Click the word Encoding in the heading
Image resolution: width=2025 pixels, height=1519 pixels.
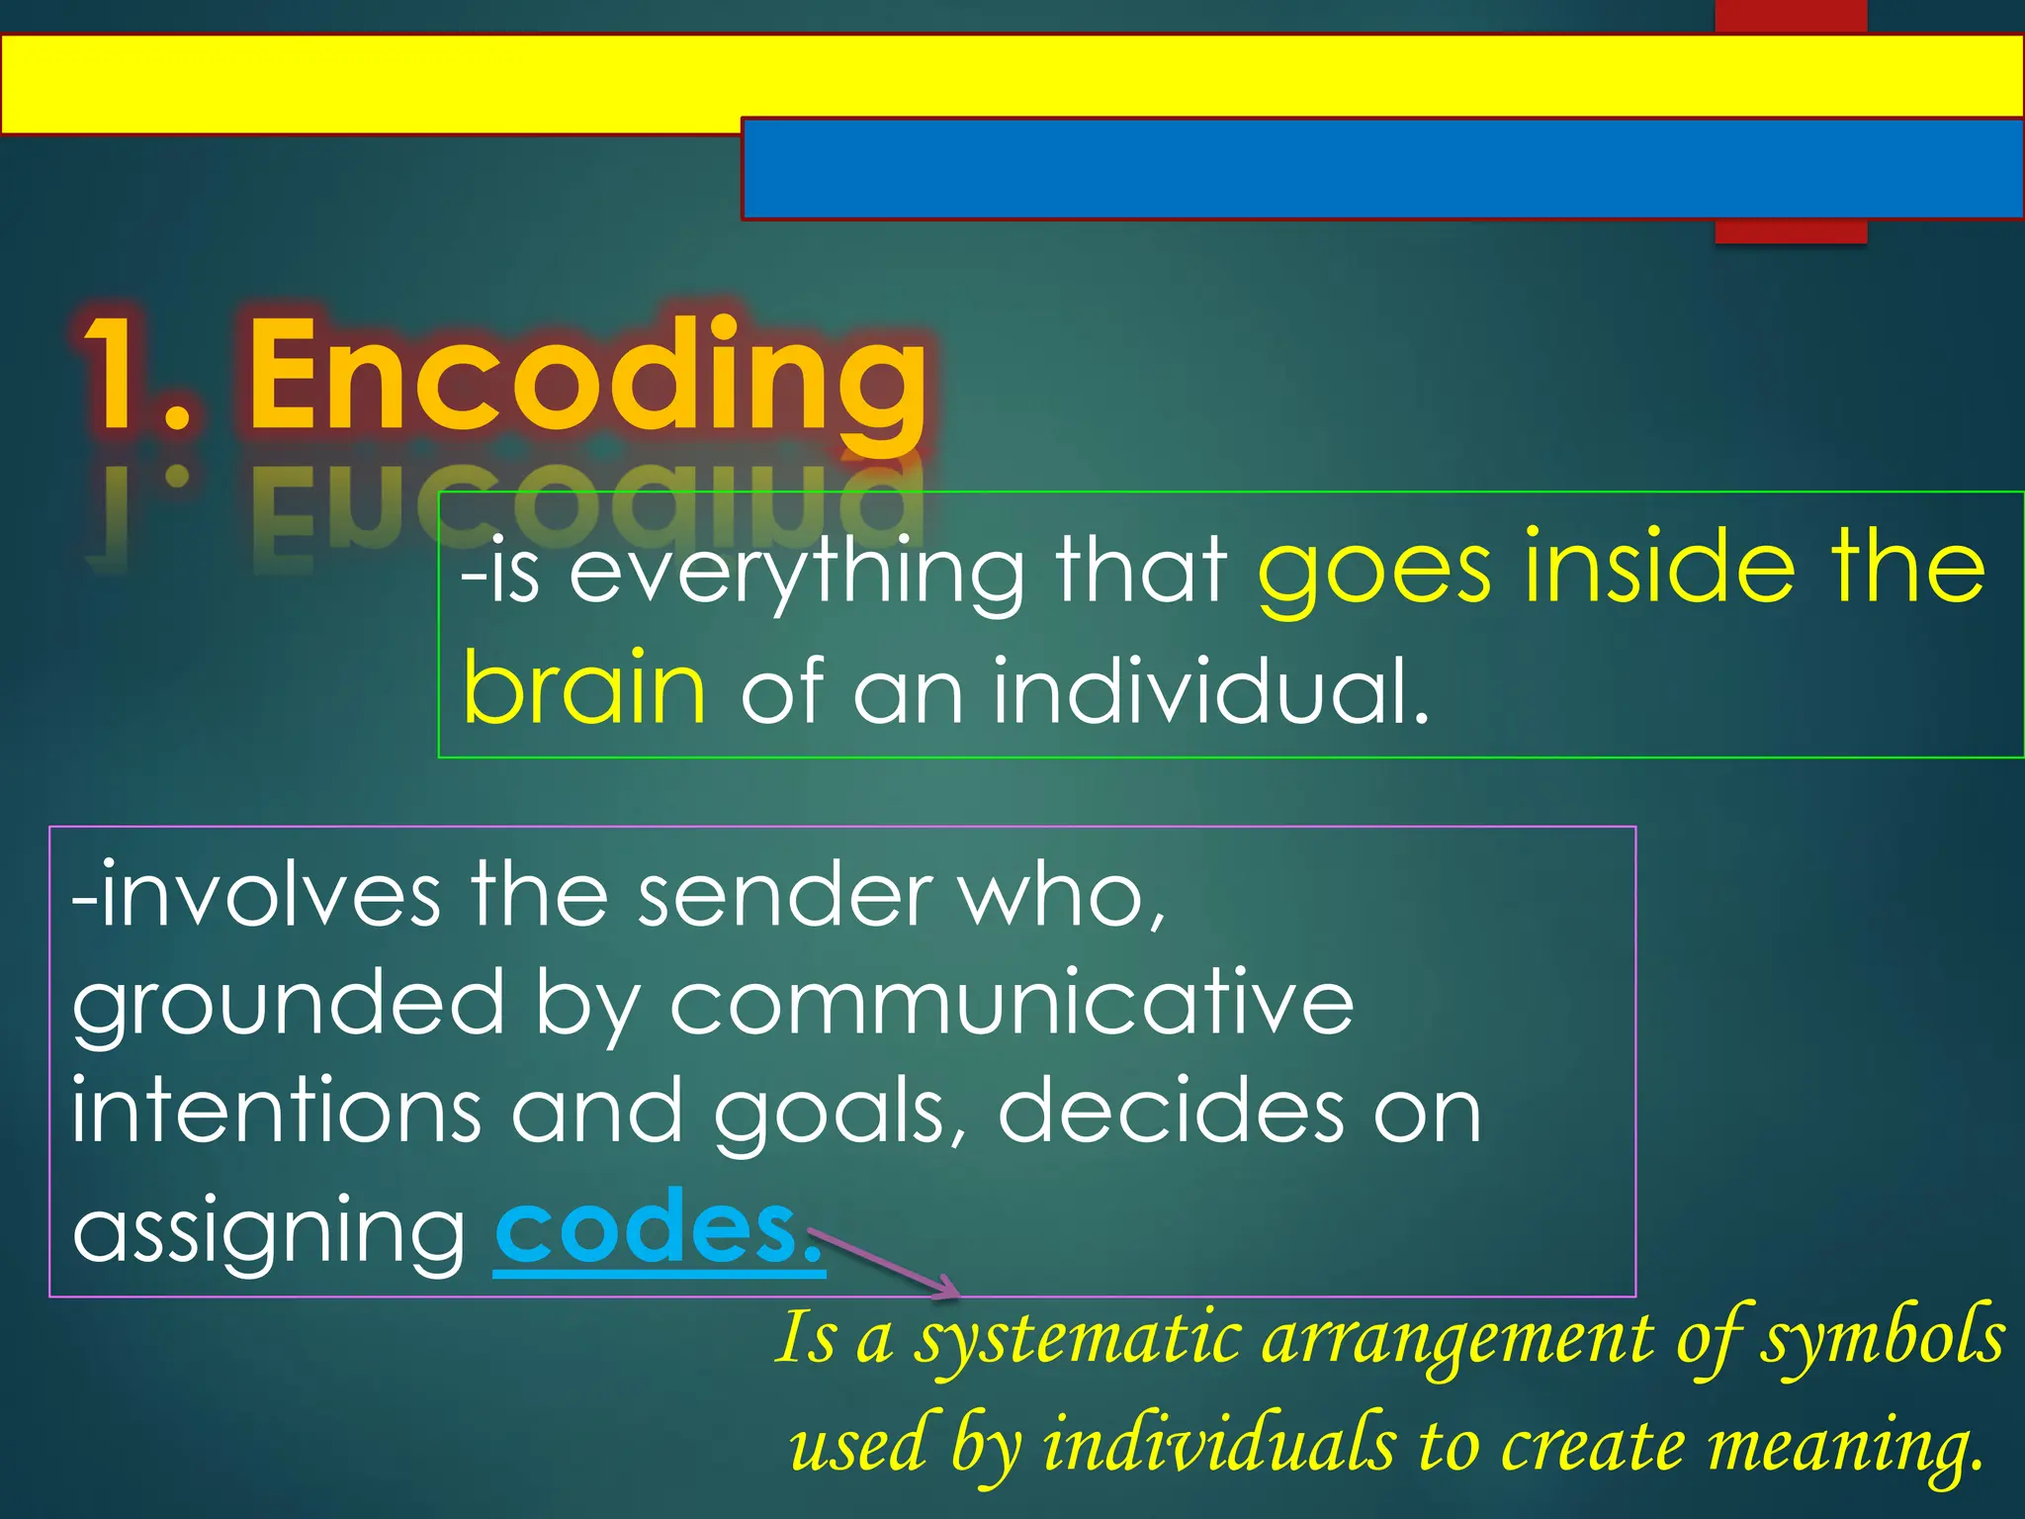[587, 376]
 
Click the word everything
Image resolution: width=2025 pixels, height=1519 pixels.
[797, 572]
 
